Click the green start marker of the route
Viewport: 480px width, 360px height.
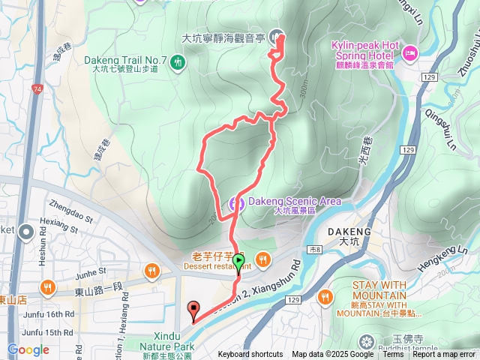(238, 262)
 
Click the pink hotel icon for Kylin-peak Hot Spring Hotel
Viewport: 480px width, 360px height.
(410, 52)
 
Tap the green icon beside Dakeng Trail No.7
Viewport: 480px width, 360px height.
(178, 61)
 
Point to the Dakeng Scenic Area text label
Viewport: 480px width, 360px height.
(294, 201)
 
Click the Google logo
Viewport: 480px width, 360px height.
(28, 349)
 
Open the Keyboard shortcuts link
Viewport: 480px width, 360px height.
(250, 355)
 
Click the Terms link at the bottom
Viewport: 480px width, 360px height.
(393, 355)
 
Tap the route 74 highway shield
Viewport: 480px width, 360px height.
(37, 88)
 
